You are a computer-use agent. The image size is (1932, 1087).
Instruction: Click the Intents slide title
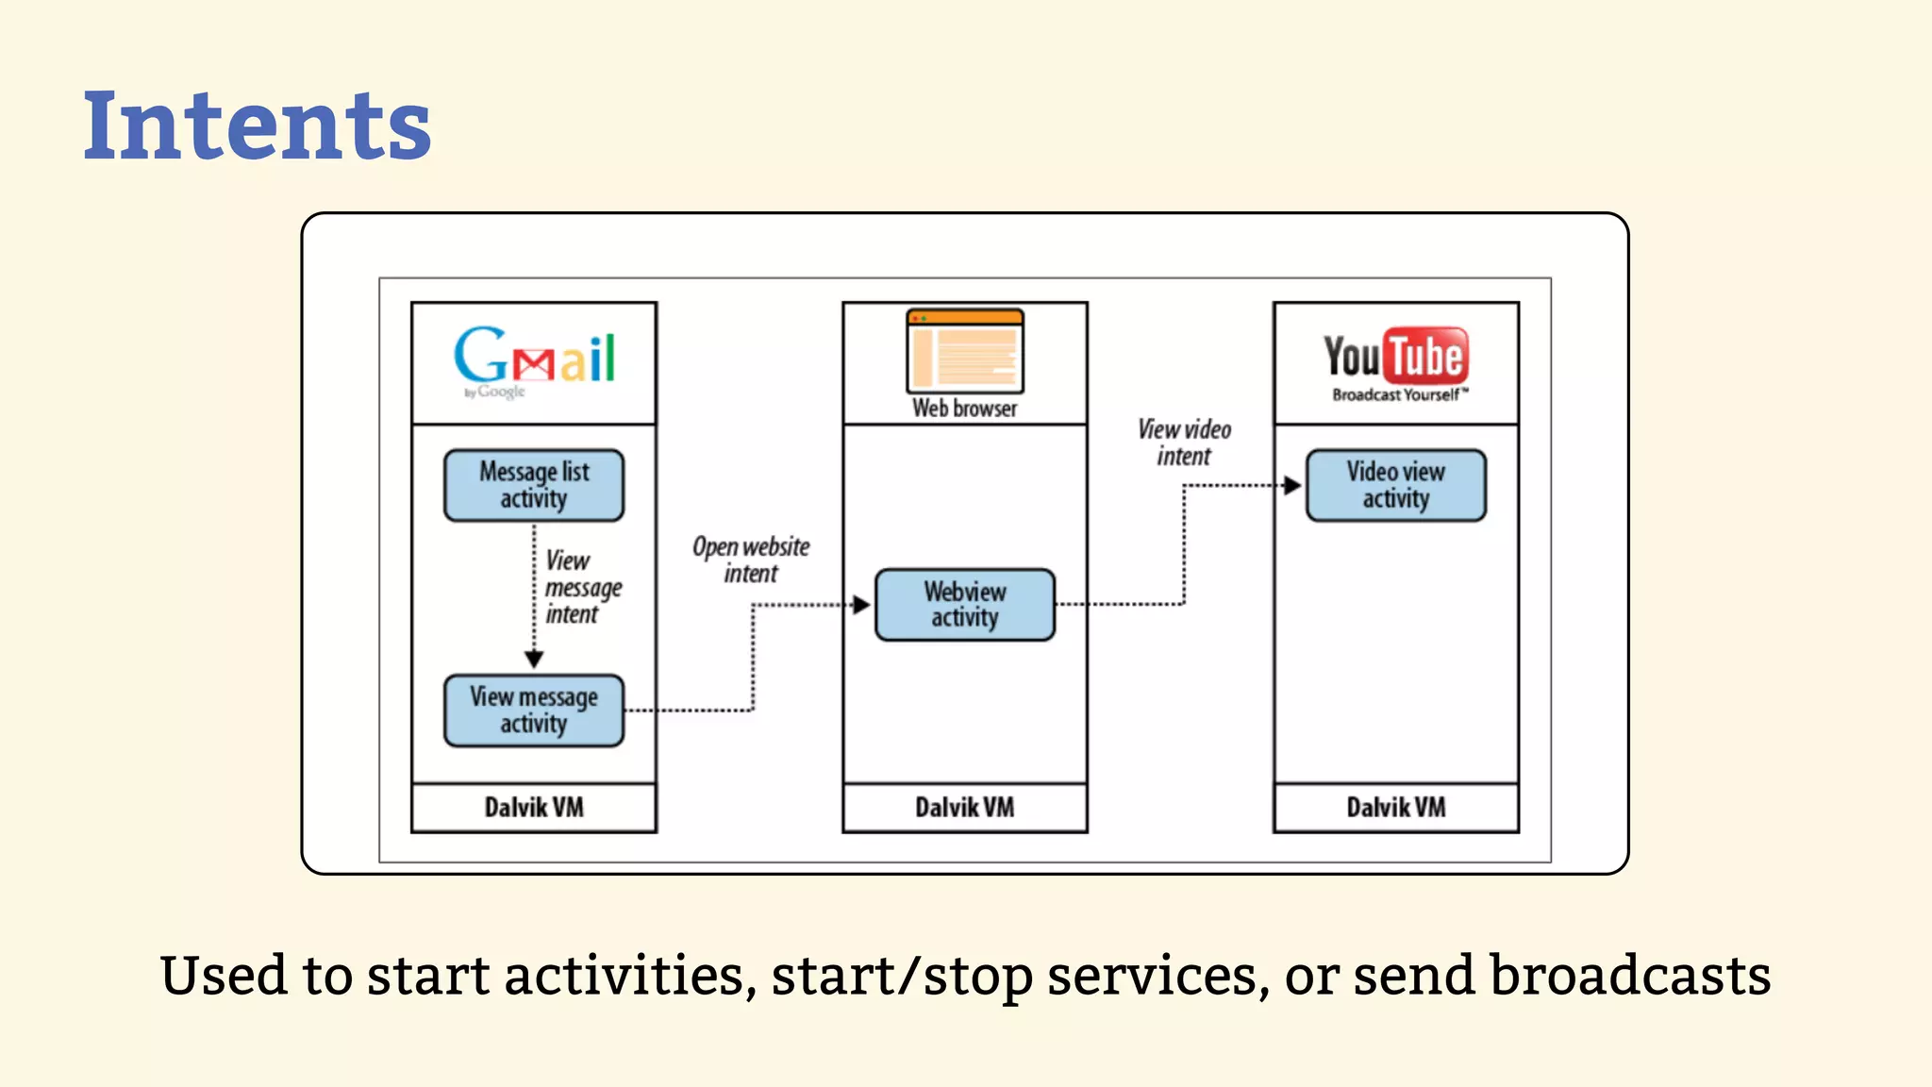[x=257, y=125]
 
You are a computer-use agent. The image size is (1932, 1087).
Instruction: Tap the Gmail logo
[x=534, y=359]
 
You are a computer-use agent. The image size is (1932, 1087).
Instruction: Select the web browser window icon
[x=964, y=351]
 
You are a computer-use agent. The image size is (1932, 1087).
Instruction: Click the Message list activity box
[x=534, y=485]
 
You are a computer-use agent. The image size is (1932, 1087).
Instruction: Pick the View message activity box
[x=534, y=710]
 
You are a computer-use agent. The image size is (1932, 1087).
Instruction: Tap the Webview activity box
[x=964, y=604]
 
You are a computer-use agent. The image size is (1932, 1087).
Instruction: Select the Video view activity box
[x=1395, y=485]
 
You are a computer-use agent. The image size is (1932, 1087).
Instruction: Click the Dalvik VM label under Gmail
[x=534, y=807]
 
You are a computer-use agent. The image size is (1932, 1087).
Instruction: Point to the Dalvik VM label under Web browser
[x=964, y=807]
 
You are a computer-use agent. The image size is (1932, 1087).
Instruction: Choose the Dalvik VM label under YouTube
[x=1395, y=807]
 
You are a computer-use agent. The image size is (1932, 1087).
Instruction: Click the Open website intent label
[x=751, y=560]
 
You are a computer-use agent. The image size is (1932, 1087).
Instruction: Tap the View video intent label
[x=1184, y=443]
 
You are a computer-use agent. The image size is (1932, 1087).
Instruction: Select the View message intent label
[x=582, y=587]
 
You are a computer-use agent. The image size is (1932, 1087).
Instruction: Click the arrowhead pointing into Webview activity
[x=860, y=605]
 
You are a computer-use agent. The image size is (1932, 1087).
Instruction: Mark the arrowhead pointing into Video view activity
[x=1292, y=485]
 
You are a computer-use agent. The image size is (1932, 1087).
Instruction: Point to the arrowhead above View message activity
[x=534, y=659]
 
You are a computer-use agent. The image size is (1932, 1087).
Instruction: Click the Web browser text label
[x=964, y=409]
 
